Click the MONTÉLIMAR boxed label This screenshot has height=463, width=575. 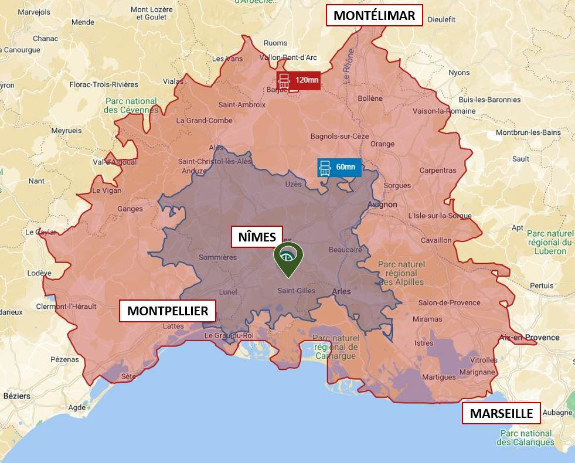(x=374, y=16)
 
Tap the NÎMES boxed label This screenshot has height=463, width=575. (x=257, y=237)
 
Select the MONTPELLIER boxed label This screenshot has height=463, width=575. (x=168, y=311)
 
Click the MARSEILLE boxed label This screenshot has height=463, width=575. (x=501, y=413)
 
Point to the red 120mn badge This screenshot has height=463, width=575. (x=299, y=80)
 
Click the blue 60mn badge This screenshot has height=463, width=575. (x=339, y=167)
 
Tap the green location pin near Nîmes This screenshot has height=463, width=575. (x=288, y=258)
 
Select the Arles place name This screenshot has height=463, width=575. (x=341, y=291)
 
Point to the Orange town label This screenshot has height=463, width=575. (x=382, y=144)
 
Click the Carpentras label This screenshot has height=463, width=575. (x=437, y=171)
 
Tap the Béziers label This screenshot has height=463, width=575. (x=16, y=396)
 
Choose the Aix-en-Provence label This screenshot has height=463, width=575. (x=529, y=338)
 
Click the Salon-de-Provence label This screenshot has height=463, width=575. (x=449, y=303)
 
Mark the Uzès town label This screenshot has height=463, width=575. (x=293, y=184)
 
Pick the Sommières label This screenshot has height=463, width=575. (x=217, y=257)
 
